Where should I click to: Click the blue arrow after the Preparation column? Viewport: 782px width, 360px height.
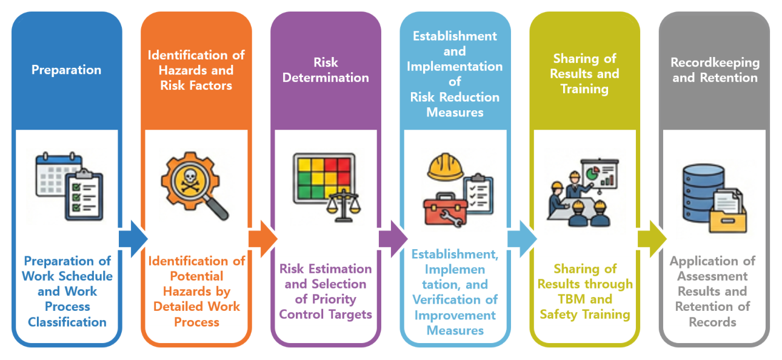(133, 239)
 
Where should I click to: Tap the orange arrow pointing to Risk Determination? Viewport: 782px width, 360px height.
(263, 239)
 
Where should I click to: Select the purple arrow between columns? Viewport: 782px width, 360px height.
(393, 239)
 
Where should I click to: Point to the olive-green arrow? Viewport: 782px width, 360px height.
(652, 239)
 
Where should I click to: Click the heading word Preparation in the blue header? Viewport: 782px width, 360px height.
(66, 70)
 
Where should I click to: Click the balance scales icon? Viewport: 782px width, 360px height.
(343, 206)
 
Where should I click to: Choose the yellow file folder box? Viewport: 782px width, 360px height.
(728, 218)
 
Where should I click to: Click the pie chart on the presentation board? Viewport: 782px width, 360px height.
(592, 173)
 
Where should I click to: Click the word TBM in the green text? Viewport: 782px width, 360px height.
(571, 299)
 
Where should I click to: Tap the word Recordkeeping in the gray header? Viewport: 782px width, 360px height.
(715, 63)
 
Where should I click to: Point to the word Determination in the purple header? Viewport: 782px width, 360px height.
(326, 78)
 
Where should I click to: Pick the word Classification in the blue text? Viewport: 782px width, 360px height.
(67, 322)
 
